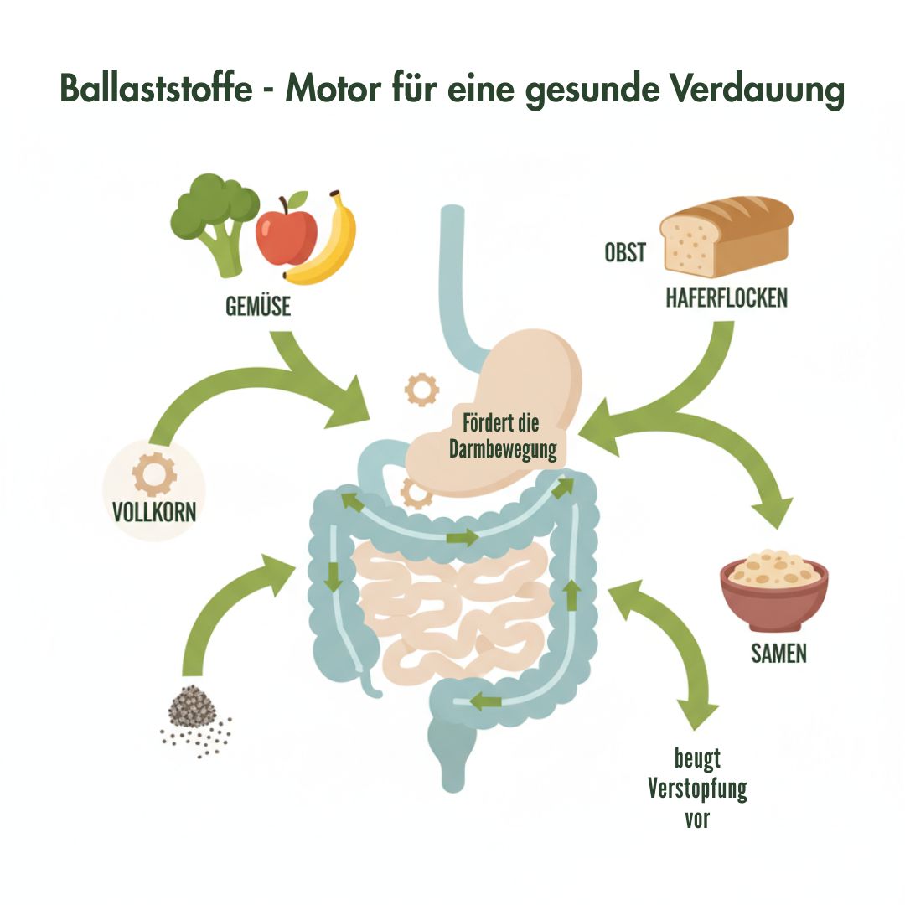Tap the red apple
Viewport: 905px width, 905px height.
[x=286, y=235]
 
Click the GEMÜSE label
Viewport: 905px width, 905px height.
[x=258, y=307]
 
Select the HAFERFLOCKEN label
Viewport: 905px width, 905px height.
[x=727, y=297]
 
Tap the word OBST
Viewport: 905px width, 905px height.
[x=625, y=251]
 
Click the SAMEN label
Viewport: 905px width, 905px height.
[x=778, y=653]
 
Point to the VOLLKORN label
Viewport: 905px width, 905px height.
[x=154, y=511]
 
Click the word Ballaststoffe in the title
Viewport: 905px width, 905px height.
[x=155, y=88]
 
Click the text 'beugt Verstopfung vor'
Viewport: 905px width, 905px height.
[x=697, y=789]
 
